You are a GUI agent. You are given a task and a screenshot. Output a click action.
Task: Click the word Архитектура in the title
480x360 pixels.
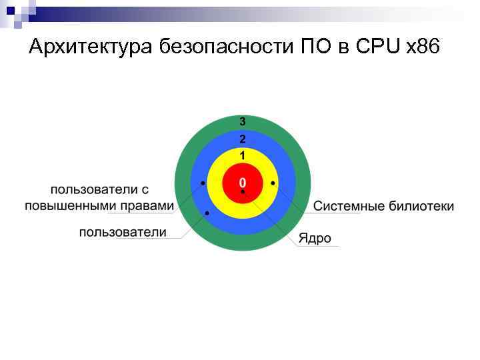point(92,47)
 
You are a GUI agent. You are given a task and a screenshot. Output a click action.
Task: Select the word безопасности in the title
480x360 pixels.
point(222,47)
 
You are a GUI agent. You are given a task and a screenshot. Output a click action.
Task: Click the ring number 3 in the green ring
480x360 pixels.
point(243,122)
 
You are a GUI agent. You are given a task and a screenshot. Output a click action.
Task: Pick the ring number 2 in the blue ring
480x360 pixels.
point(243,139)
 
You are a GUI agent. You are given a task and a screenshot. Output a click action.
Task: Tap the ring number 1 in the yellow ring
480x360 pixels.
point(243,155)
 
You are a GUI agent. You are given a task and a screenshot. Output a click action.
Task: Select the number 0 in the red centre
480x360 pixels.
point(243,182)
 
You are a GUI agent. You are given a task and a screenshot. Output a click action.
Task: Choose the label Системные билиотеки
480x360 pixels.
point(383,206)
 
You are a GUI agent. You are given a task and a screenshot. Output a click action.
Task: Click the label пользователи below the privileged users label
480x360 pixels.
point(123,232)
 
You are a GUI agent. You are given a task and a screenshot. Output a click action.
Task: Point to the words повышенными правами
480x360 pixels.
point(99,205)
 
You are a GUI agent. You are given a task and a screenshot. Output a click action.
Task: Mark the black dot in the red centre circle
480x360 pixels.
point(243,192)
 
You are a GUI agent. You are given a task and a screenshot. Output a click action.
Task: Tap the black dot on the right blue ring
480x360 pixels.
point(273,183)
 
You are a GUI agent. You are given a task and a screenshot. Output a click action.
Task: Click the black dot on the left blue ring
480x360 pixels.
point(202,183)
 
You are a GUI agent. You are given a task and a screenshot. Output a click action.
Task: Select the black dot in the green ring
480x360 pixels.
point(207,213)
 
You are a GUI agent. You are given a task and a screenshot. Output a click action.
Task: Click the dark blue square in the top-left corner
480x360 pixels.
point(11,10)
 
